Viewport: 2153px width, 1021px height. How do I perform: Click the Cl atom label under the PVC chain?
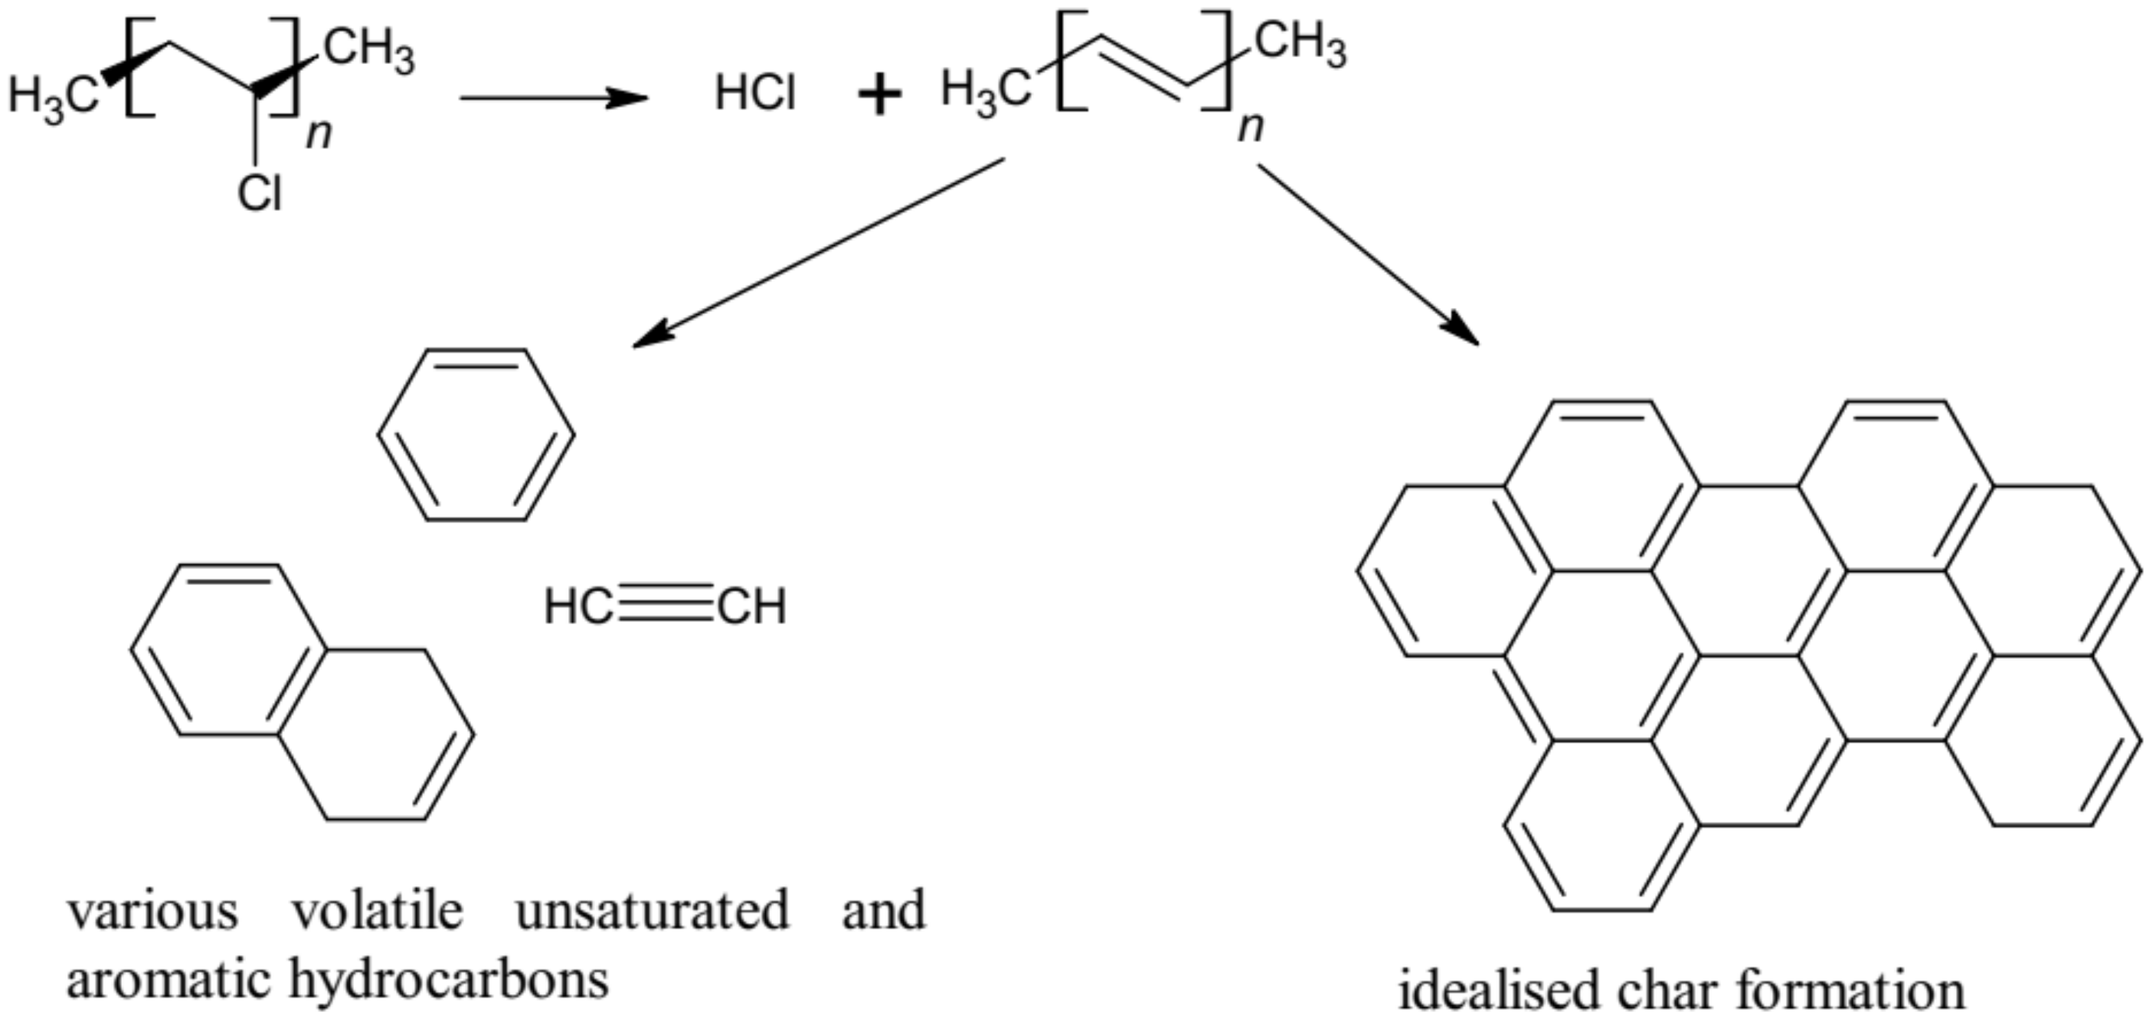pos(260,195)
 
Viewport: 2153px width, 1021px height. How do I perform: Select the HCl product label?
pos(755,93)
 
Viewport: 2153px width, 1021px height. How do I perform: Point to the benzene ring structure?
pos(475,435)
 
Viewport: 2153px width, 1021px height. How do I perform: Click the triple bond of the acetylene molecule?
pos(665,606)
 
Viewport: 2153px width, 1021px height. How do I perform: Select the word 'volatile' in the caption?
pos(377,911)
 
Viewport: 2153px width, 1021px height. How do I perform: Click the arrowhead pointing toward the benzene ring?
pos(652,336)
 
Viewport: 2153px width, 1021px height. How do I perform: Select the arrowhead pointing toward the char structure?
pos(1463,331)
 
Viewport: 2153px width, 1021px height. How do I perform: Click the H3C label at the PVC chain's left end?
pos(52,95)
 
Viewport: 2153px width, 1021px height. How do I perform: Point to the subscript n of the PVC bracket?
pos(318,134)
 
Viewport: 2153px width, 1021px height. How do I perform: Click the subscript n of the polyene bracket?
pos(1250,127)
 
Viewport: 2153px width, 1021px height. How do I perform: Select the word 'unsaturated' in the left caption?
pos(652,911)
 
